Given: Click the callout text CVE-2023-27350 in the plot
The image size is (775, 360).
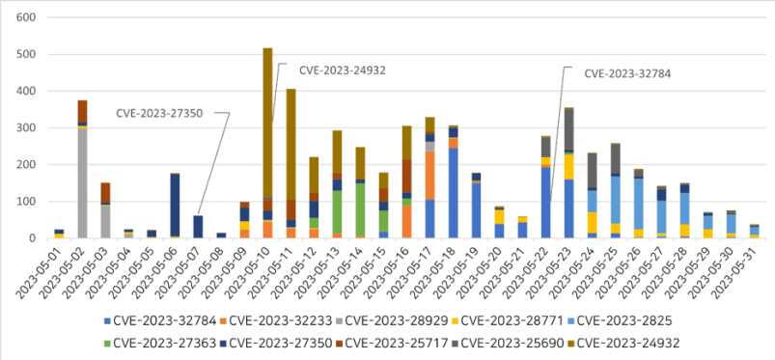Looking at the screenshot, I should [159, 113].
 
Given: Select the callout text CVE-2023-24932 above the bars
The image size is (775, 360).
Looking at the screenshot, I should [332, 69].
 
